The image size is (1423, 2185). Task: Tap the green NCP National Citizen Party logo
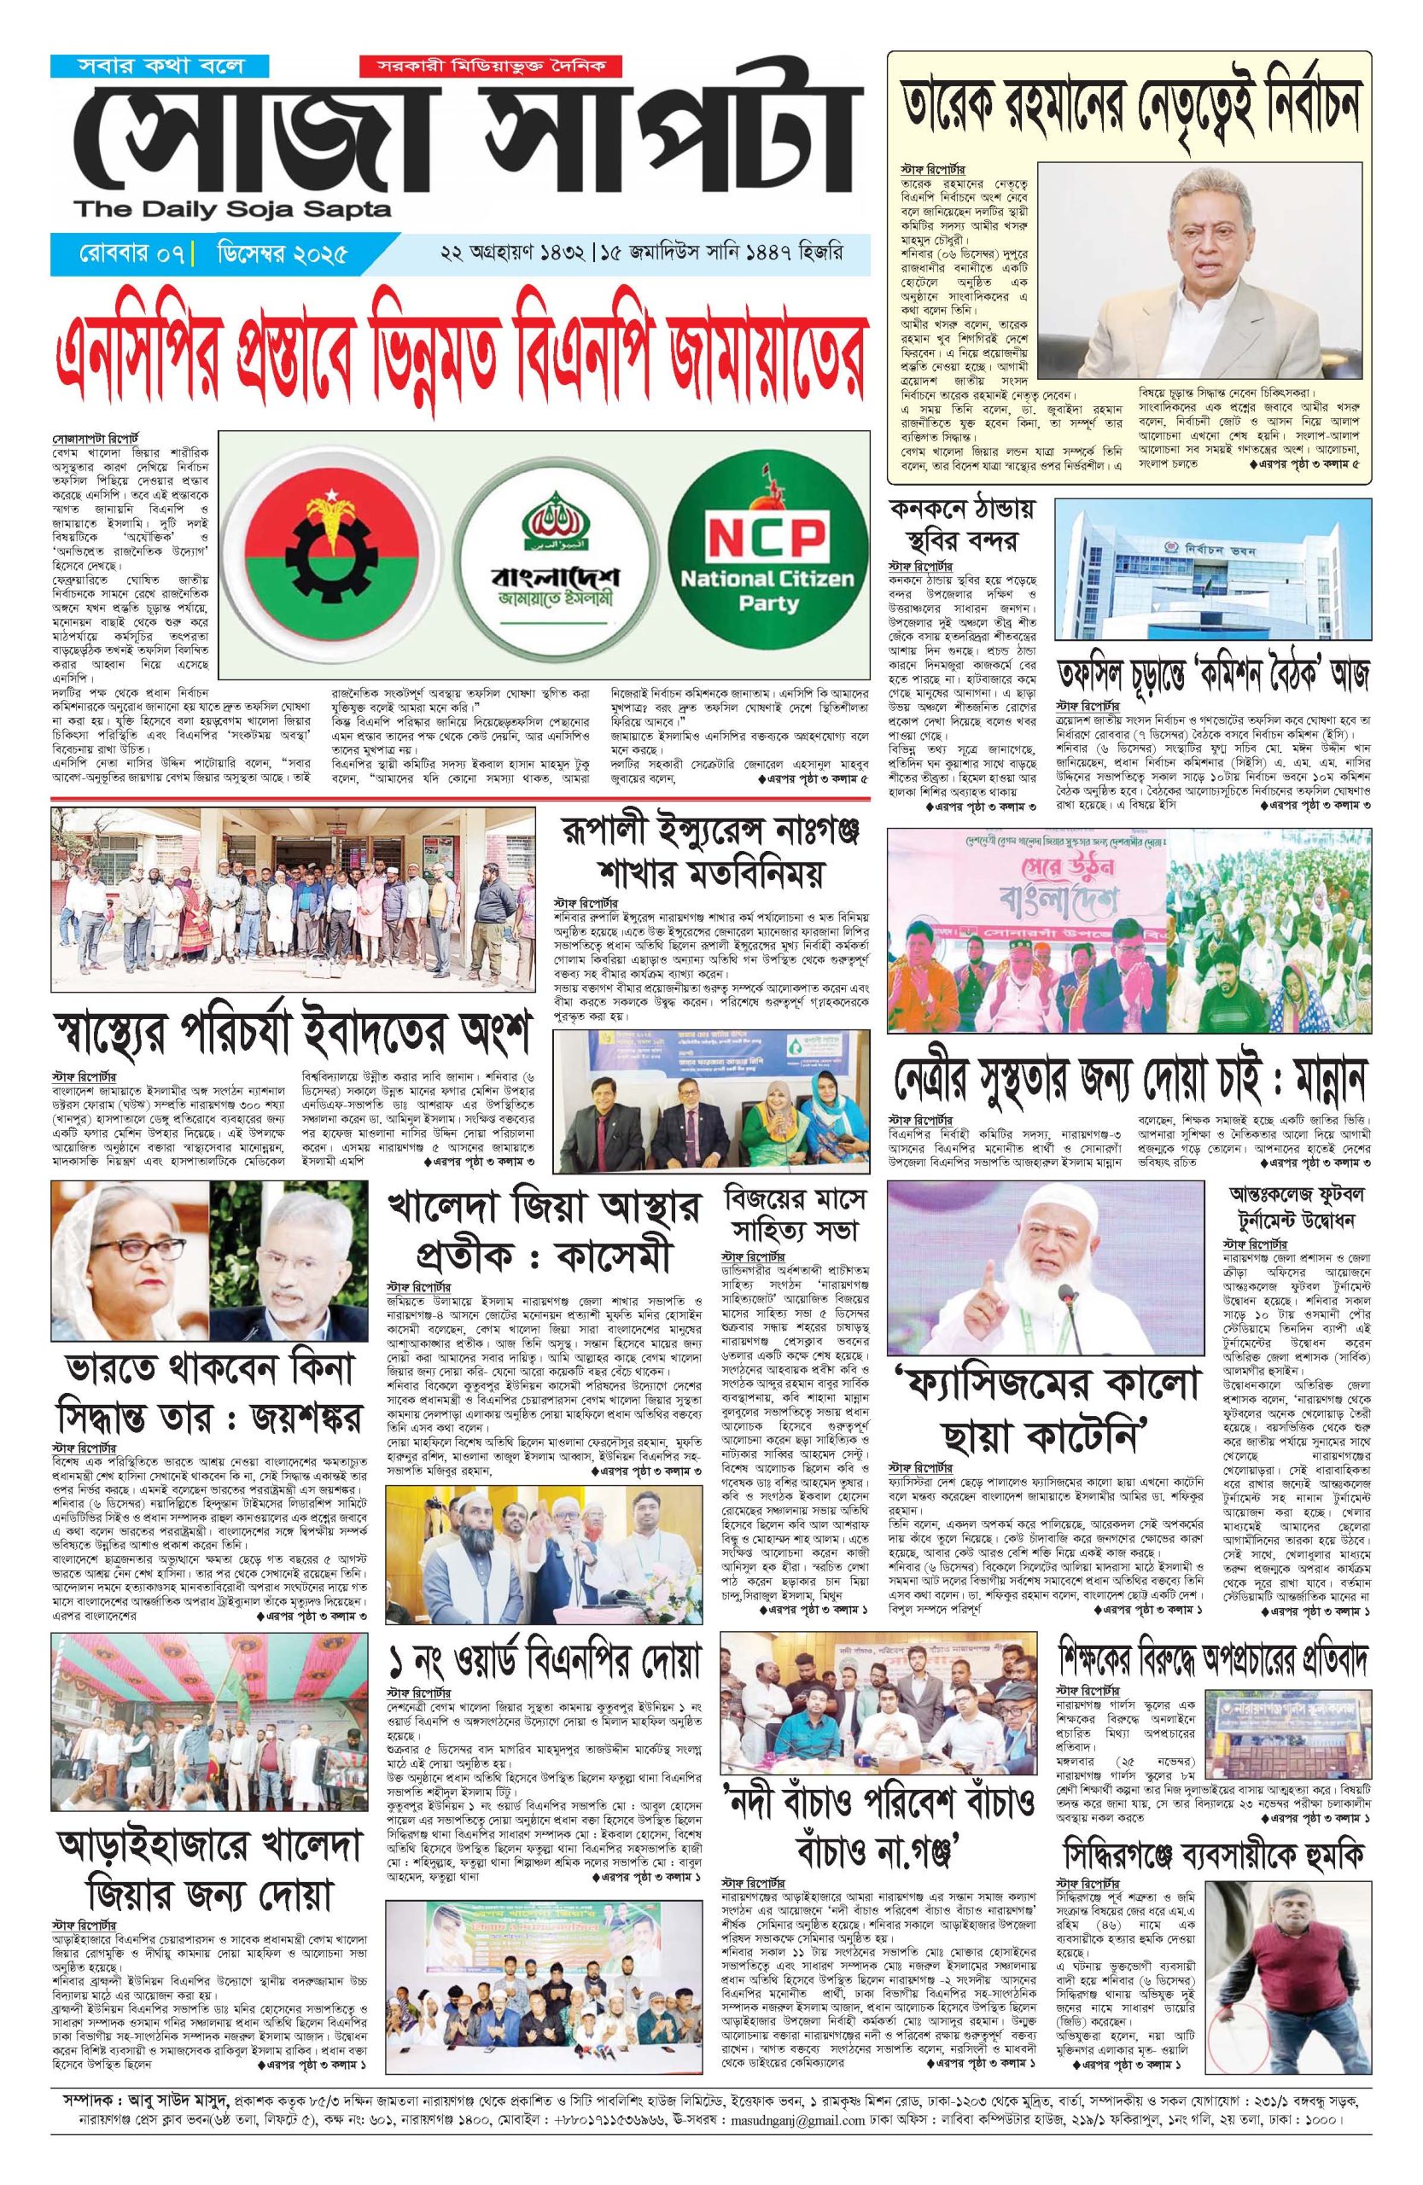tap(766, 562)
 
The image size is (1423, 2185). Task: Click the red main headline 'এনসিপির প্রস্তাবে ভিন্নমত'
tap(458, 368)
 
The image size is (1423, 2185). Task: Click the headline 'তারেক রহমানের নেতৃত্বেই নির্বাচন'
tap(1128, 114)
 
